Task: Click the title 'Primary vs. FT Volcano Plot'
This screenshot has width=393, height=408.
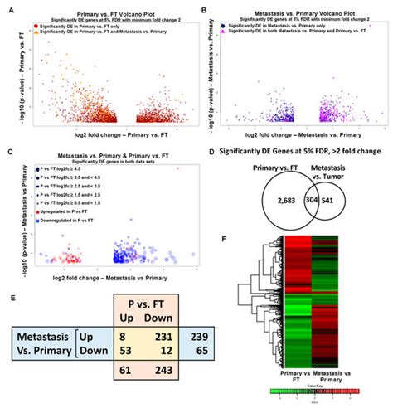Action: pos(98,7)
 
